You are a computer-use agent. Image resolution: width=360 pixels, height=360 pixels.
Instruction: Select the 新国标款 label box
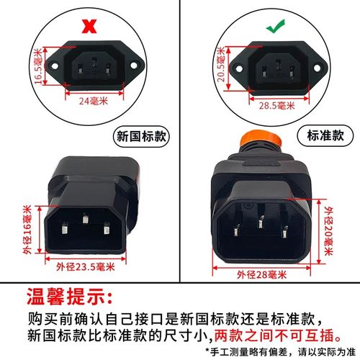tap(140, 137)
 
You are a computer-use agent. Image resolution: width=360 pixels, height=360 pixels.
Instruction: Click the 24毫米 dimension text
tap(91, 101)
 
